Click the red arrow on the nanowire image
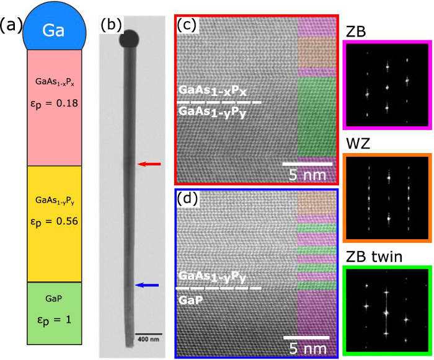pyautogui.click(x=149, y=164)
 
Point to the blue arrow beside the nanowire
pyautogui.click(x=147, y=285)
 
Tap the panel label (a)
pyautogui.click(x=11, y=25)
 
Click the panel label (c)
pyautogui.click(x=187, y=25)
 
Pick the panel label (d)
pyautogui.click(x=188, y=198)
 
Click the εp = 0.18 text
pyautogui.click(x=55, y=103)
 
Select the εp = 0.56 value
pyautogui.click(x=55, y=222)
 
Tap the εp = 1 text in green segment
pyautogui.click(x=55, y=320)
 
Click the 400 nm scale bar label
pyautogui.click(x=149, y=339)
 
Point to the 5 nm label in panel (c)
pyautogui.click(x=308, y=175)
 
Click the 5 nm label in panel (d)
pyautogui.click(x=308, y=348)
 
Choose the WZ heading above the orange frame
pyautogui.click(x=358, y=144)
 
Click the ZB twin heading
pyautogui.click(x=374, y=257)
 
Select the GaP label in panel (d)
pyautogui.click(x=190, y=300)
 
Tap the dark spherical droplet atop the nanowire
pyautogui.click(x=129, y=39)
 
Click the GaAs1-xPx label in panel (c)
pyautogui.click(x=212, y=90)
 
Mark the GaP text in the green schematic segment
pyautogui.click(x=54, y=299)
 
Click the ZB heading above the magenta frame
pyautogui.click(x=356, y=32)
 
